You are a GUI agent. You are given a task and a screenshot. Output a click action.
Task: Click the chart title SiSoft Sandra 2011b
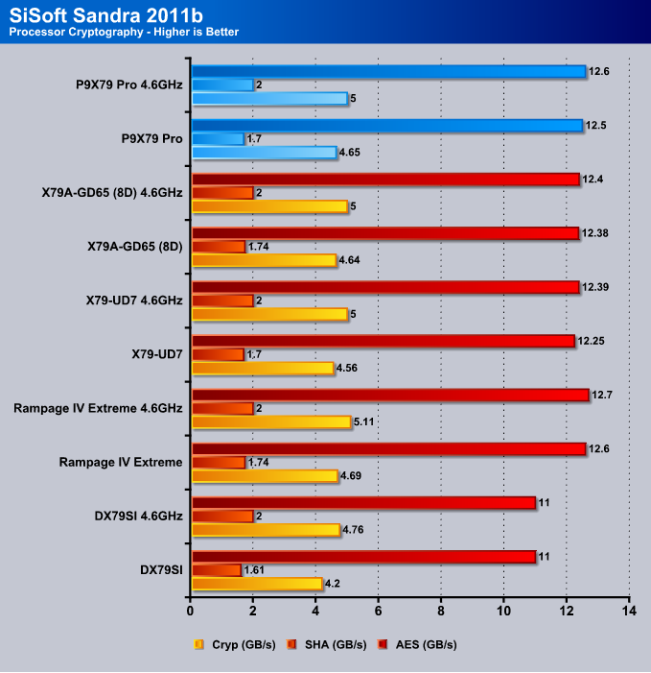[105, 15]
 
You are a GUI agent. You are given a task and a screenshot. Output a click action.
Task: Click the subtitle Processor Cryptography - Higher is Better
[124, 33]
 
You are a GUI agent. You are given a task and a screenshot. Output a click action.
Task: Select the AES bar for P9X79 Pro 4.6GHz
[388, 71]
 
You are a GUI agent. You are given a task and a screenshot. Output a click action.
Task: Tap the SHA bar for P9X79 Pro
[218, 138]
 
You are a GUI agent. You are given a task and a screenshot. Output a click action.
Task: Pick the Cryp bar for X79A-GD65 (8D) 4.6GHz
[269, 206]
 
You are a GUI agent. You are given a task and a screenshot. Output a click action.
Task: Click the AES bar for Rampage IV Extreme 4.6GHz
[390, 395]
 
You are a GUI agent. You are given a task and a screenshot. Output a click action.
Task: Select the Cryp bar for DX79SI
[257, 584]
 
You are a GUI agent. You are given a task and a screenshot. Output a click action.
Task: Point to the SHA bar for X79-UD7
[218, 354]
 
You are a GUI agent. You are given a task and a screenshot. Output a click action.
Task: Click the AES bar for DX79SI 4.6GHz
[364, 503]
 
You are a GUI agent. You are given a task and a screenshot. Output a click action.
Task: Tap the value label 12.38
[594, 233]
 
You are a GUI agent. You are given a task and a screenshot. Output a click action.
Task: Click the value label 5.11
[364, 421]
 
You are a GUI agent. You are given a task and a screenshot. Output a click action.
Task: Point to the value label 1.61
[254, 570]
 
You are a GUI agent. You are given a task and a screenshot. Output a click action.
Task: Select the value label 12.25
[591, 341]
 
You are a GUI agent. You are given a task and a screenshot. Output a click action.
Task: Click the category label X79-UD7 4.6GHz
[134, 300]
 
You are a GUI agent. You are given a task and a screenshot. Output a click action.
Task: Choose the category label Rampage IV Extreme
[121, 462]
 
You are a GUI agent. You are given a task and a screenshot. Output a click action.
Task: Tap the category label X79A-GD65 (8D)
[135, 247]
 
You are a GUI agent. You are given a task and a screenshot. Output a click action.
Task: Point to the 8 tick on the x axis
[441, 611]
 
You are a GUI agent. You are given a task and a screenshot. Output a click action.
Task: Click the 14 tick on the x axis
[629, 611]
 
